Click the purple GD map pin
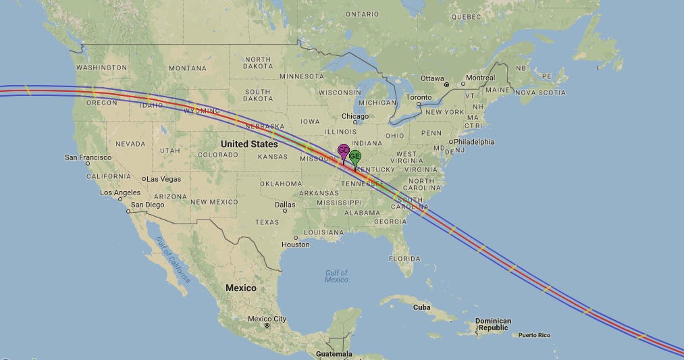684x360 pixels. tap(343, 151)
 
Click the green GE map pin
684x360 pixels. tap(355, 157)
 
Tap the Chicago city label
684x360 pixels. tap(355, 116)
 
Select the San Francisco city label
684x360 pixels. tap(88, 157)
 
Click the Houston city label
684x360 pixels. tap(295, 245)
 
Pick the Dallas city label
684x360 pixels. tap(285, 205)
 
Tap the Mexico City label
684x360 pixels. tap(267, 319)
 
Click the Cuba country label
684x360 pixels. tap(421, 307)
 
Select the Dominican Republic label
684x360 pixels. tap(493, 325)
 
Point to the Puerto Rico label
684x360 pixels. tap(534, 335)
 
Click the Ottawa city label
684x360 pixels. tap(432, 78)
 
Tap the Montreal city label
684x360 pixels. tap(480, 78)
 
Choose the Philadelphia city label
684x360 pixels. tap(474, 142)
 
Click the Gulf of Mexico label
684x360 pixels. tap(336, 276)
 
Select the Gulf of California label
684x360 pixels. tap(173, 259)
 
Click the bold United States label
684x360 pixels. tap(249, 144)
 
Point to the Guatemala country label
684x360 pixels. tap(334, 354)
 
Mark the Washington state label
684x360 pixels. tap(101, 68)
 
